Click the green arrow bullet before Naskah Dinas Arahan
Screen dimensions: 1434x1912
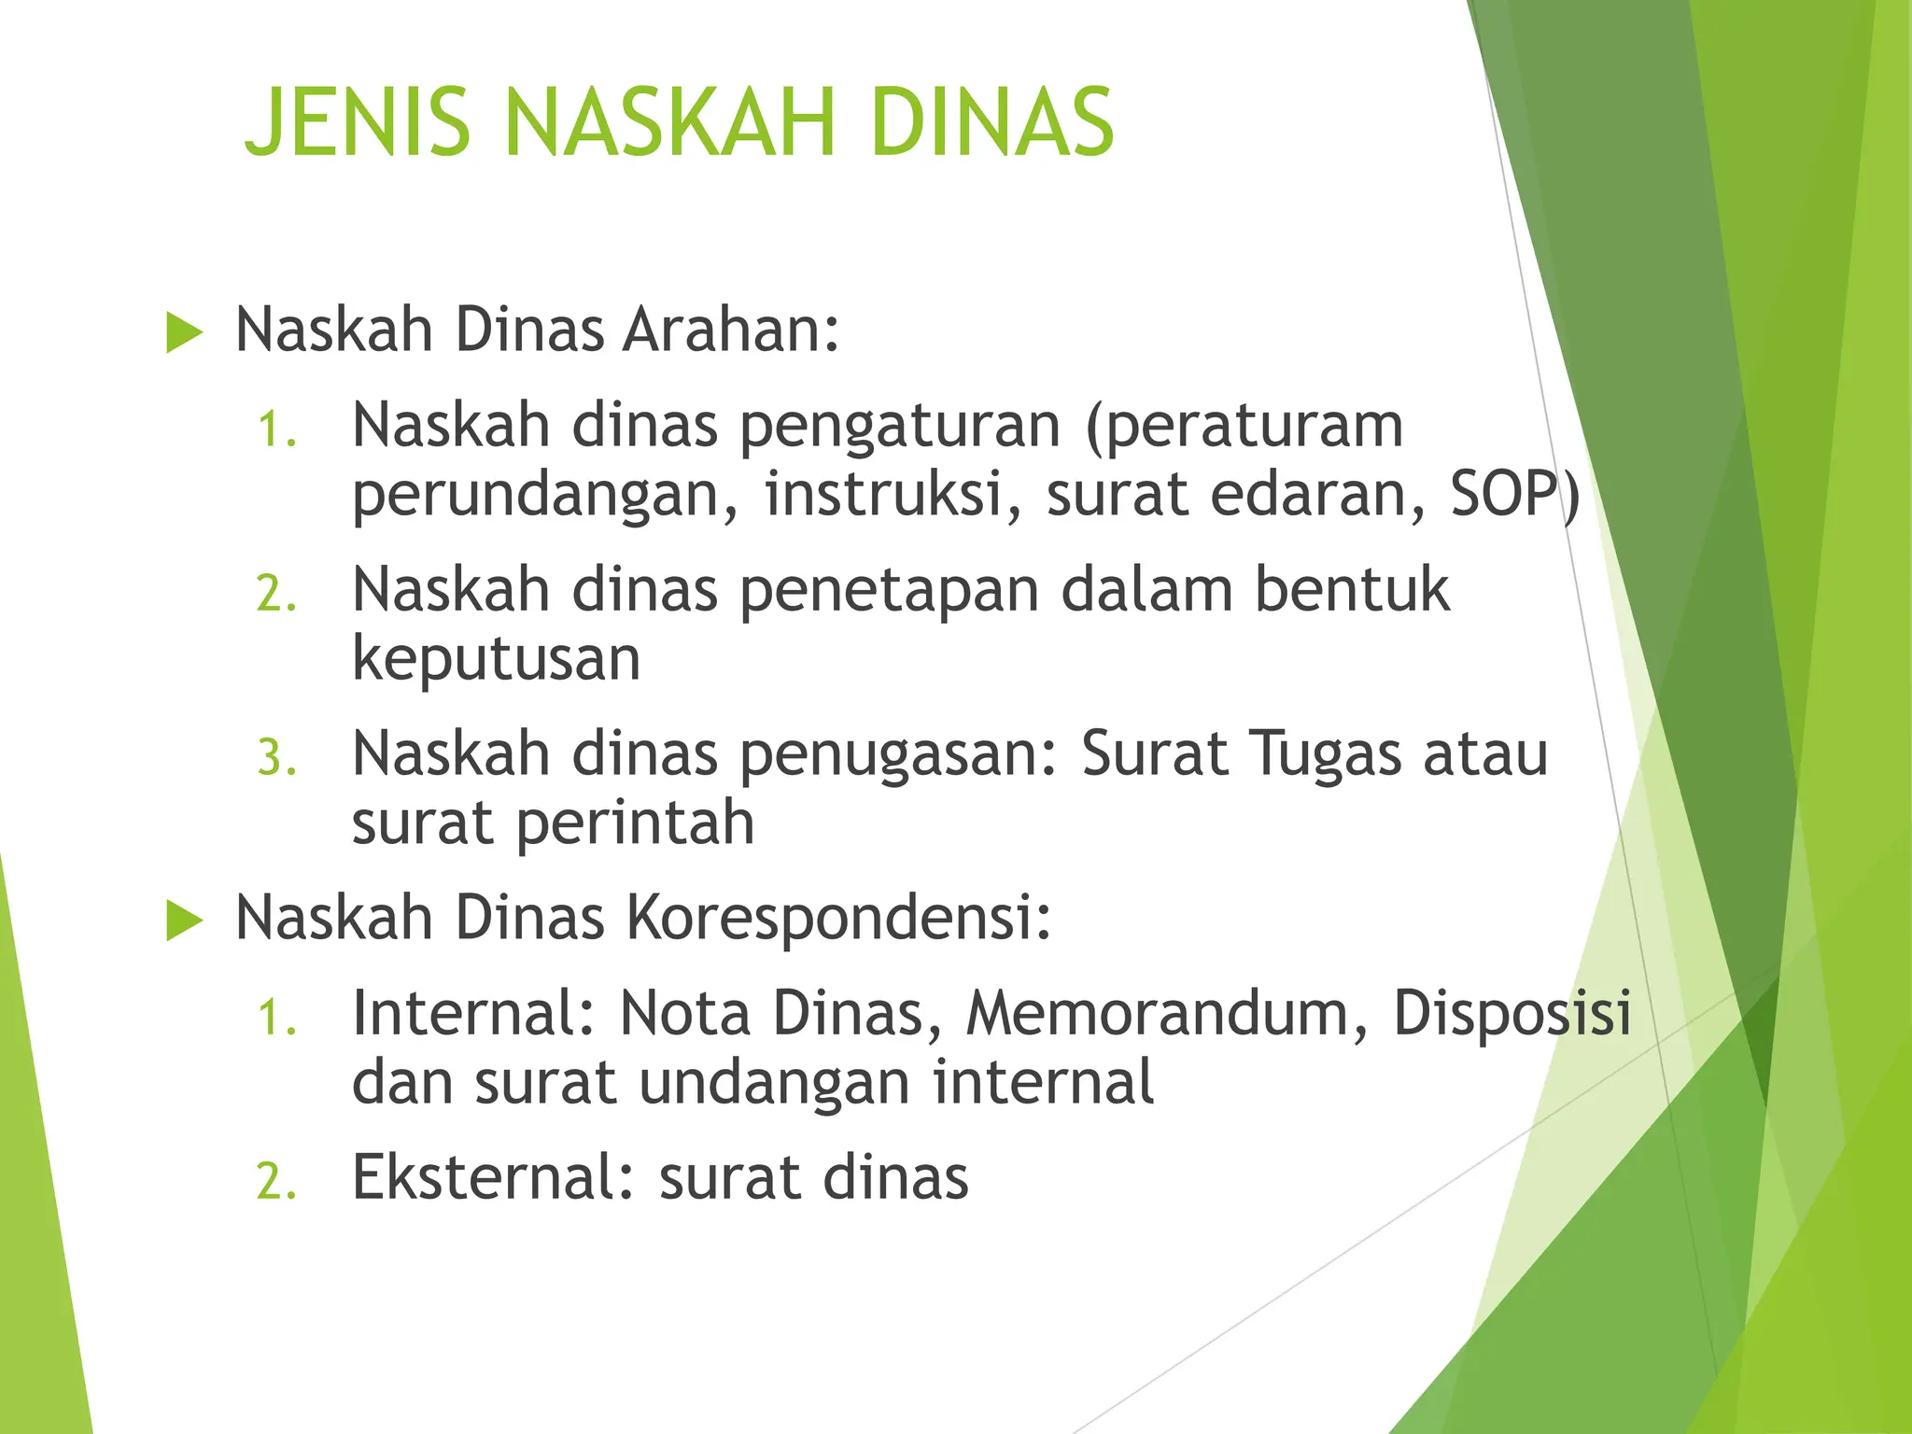coord(184,333)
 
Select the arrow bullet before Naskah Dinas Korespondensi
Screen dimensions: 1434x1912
coord(184,921)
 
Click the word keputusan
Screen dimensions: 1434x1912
coord(496,661)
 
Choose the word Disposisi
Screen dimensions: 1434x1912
coord(1512,1013)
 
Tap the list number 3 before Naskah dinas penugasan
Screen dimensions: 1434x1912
coord(276,758)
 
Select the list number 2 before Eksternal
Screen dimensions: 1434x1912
coord(276,1182)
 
